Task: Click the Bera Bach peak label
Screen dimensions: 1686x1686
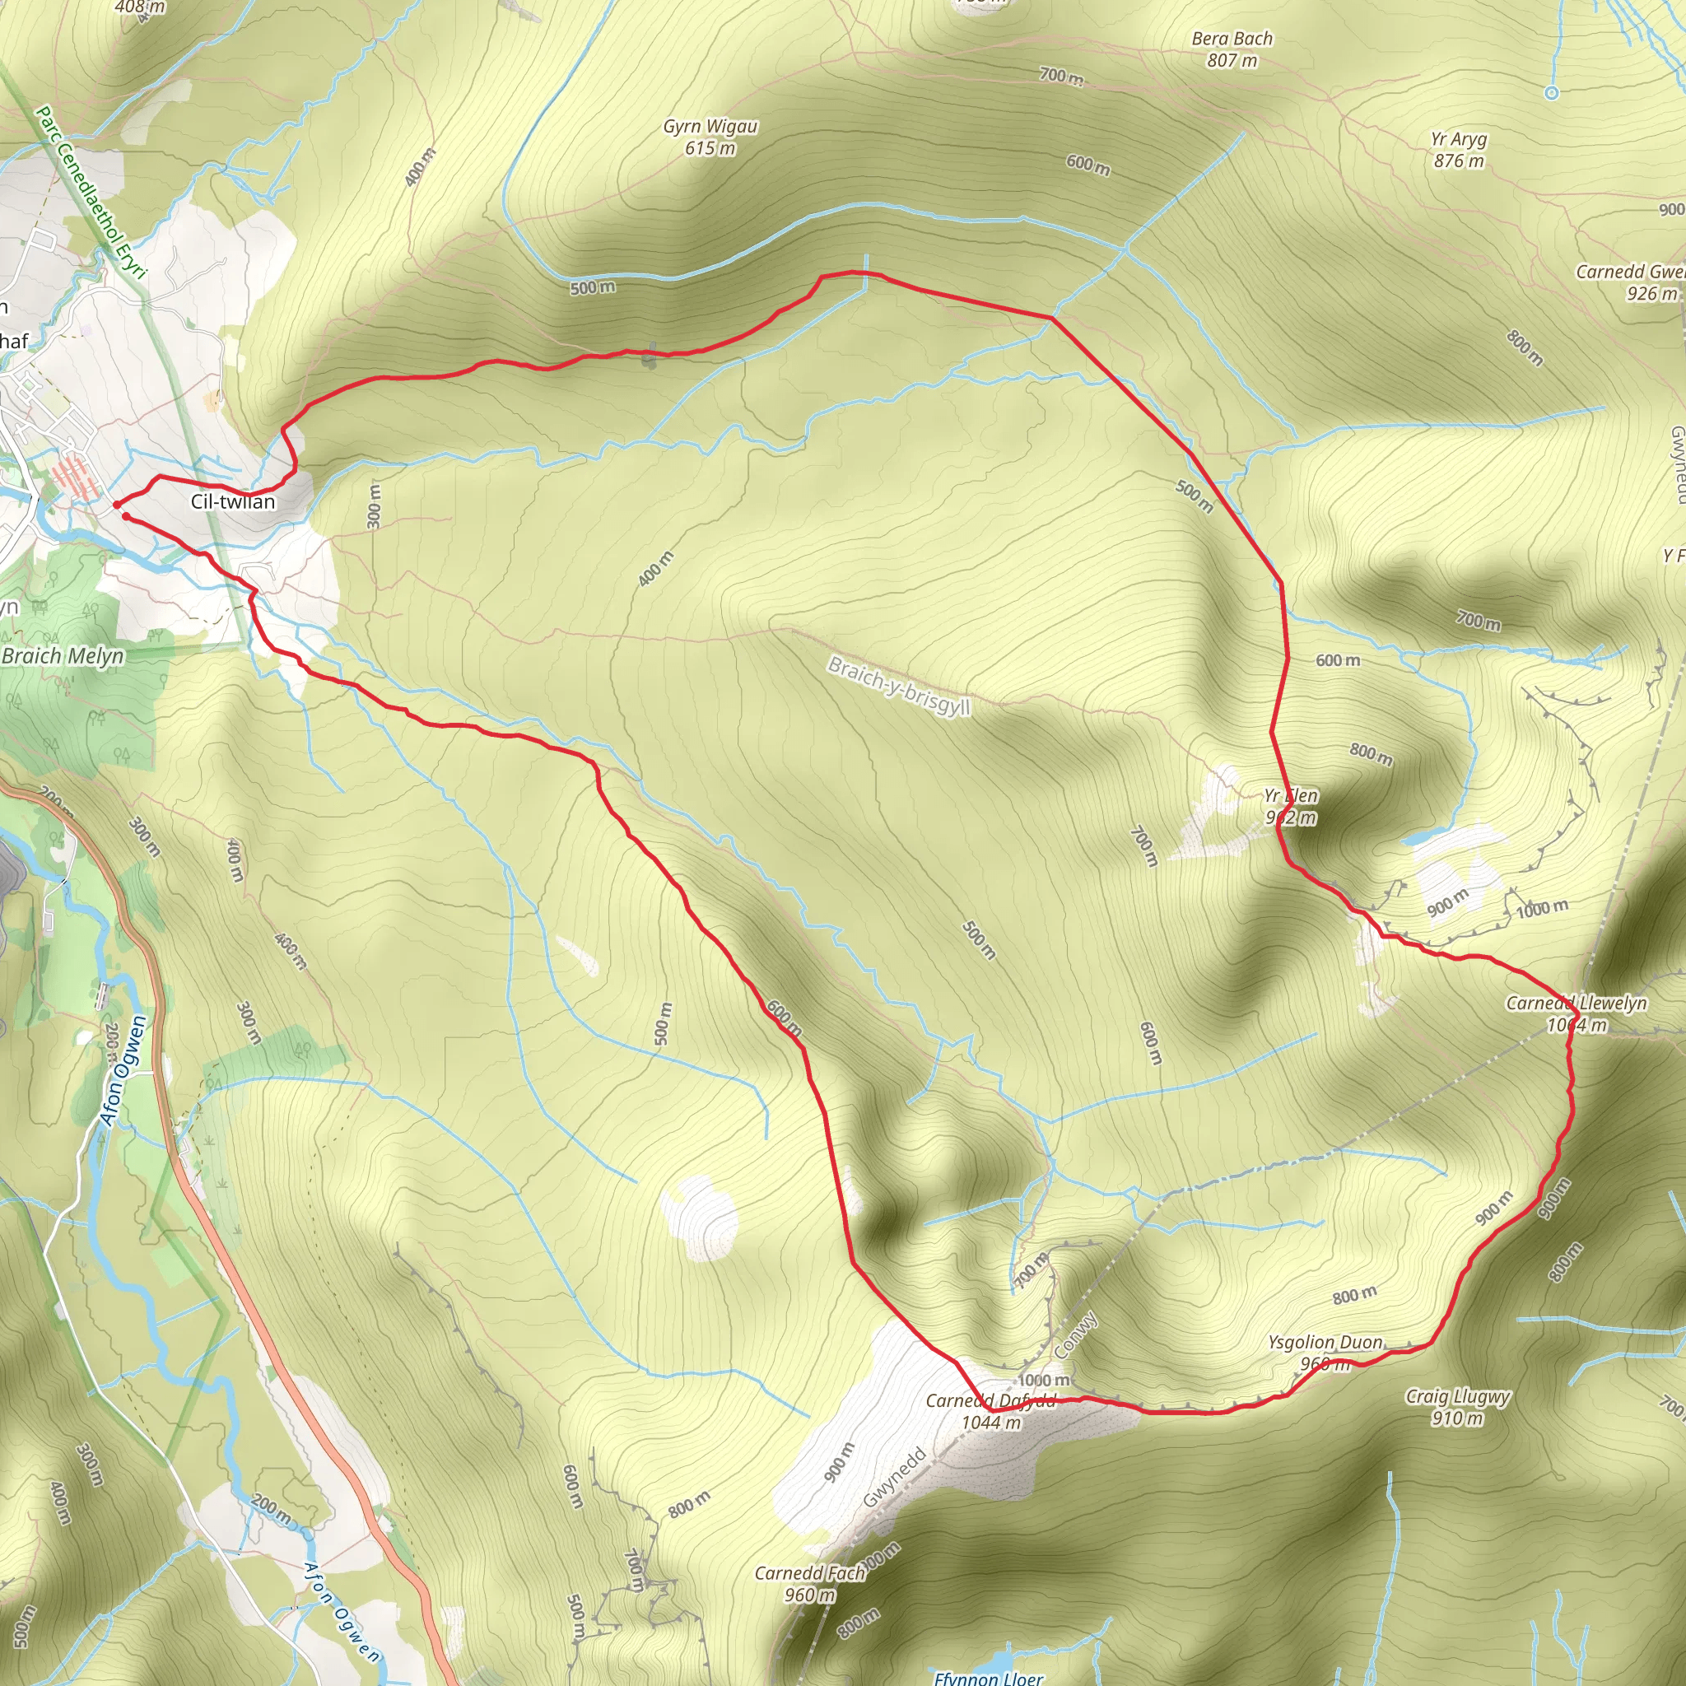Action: pos(1232,40)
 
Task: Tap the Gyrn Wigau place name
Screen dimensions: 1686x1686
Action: pos(710,128)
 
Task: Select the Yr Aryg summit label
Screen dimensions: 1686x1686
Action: pos(1458,140)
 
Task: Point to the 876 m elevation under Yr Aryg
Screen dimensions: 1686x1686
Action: pos(1458,161)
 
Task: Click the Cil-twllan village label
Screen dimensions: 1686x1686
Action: pos(233,502)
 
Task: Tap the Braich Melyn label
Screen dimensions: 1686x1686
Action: pos(63,656)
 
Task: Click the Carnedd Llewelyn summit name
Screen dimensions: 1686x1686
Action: pos(1576,1004)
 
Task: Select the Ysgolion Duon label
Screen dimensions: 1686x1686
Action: pos(1325,1342)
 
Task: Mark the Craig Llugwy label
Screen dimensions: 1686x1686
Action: pos(1457,1397)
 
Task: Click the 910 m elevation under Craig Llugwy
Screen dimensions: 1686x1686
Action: pos(1457,1419)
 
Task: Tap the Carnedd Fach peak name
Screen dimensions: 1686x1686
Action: pos(809,1573)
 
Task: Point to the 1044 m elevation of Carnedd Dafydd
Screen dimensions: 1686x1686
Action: pos(990,1423)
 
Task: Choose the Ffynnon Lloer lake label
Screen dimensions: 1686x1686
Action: pos(988,1677)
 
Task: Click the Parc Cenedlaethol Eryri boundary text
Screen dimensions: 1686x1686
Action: pos(90,193)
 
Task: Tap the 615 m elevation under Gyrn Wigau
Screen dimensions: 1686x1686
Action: pos(710,149)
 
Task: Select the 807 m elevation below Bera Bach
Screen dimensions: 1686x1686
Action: pos(1232,61)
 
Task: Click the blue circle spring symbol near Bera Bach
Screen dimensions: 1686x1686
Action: pos(1551,92)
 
